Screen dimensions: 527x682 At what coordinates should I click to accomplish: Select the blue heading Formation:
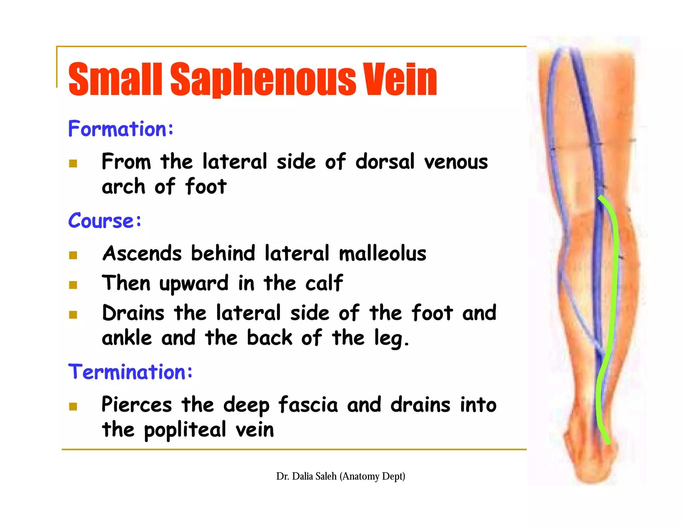coord(121,129)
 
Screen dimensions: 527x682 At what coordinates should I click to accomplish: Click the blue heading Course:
coord(105,221)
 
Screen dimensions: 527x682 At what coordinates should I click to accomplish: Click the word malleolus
coord(382,254)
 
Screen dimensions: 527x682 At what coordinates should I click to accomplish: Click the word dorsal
coord(385,162)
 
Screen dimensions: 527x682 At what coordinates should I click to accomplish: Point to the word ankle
coord(127,338)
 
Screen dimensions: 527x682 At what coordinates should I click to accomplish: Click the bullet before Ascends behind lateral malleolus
coord(73,255)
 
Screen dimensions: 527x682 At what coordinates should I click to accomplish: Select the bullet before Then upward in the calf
coord(73,285)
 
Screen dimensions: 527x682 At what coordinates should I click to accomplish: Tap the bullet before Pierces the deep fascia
coord(73,406)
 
